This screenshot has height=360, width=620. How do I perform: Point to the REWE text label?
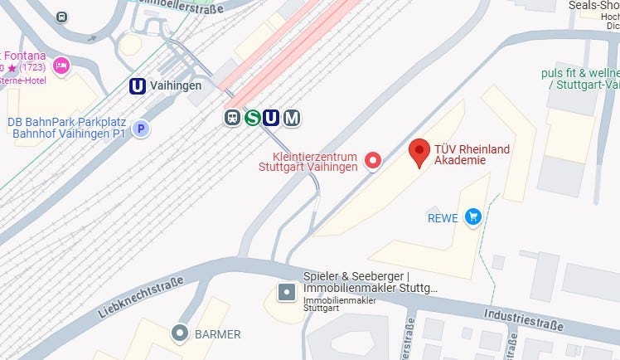pos(442,218)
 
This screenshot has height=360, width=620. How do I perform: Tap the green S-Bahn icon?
pos(252,118)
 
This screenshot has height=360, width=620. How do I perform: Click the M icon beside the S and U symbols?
pos(291,119)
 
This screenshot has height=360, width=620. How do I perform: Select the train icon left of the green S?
pos(233,118)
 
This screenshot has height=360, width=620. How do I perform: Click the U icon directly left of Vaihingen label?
pos(138,85)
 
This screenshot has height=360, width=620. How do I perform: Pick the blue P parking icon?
pos(142,129)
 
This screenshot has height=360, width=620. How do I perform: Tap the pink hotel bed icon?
pos(61,65)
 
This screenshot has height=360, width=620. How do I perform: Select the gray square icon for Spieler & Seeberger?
pos(286,292)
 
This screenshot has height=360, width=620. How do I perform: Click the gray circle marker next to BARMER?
pos(179,333)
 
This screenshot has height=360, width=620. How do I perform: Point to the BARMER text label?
pos(218,334)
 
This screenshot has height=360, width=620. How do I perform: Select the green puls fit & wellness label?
pos(580,79)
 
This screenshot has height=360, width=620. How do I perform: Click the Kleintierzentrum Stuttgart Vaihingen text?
pos(308,161)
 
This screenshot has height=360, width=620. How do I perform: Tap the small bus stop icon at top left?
pos(62,17)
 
